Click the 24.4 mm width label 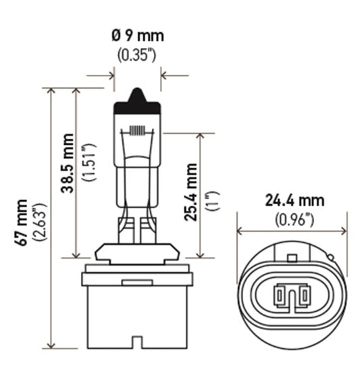pos(294,200)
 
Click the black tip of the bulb pos(137,101)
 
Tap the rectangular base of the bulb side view pos(137,304)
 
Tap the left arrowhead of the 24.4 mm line pos(241,230)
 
